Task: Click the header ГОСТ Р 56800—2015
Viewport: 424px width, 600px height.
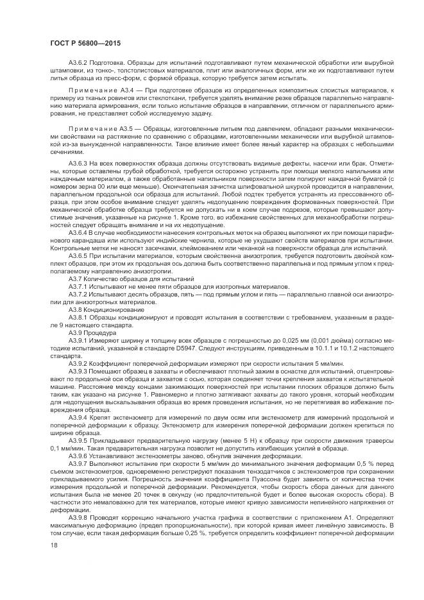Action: [79, 42]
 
